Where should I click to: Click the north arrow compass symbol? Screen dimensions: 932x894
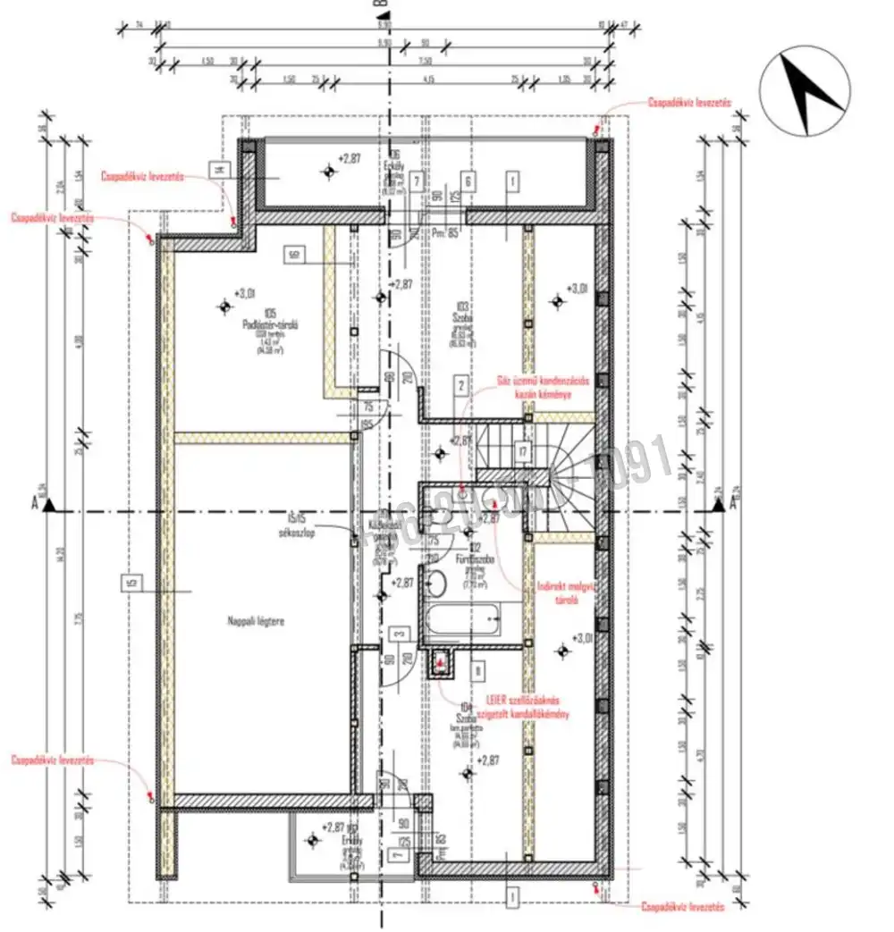coord(805,94)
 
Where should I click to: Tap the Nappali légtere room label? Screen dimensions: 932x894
coord(255,620)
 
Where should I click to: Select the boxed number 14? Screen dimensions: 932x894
coord(218,168)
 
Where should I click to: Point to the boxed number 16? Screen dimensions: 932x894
coord(292,255)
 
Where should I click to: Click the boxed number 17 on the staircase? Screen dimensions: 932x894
coord(524,453)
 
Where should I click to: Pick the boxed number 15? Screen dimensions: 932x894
coord(131,584)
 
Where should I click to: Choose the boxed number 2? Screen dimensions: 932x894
coord(461,386)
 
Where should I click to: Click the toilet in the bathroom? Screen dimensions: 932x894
coord(437,584)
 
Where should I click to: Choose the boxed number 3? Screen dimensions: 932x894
coord(401,634)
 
